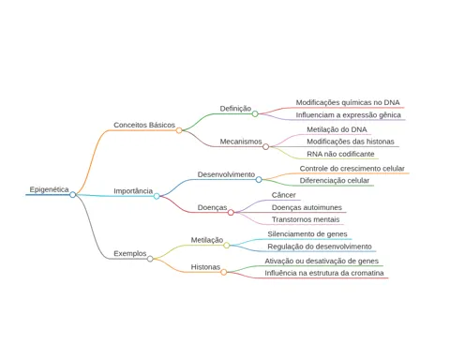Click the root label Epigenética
[x=49, y=189]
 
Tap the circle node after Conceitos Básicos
[x=179, y=130]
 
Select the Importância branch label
[x=133, y=191]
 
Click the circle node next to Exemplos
[x=150, y=259]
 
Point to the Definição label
[x=235, y=109]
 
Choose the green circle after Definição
[x=255, y=113]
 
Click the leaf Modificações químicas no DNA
[x=348, y=102]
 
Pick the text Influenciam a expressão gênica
[x=349, y=115]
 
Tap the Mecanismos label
[x=241, y=142]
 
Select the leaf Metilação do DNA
[x=337, y=129]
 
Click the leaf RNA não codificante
[x=340, y=154]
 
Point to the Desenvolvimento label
[x=226, y=174]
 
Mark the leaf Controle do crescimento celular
[x=352, y=169]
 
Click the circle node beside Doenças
[x=231, y=213]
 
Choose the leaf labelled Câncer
[x=284, y=195]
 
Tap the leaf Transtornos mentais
[x=306, y=219]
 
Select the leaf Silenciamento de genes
[x=307, y=234]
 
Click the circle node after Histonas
[x=224, y=272]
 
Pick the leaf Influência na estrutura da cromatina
[x=324, y=273]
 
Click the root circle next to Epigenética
[x=73, y=195]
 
